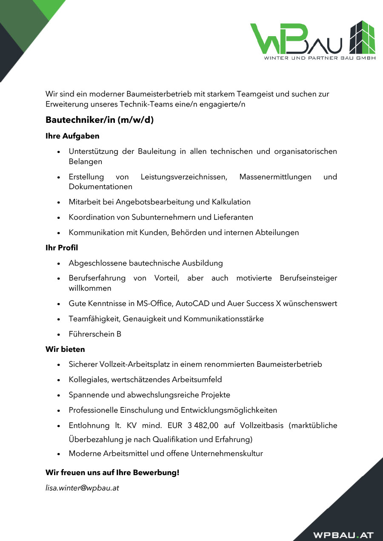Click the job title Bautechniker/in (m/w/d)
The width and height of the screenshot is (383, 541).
(100, 120)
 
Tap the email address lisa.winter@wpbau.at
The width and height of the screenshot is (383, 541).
(82, 488)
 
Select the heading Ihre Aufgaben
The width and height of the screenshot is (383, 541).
(72, 136)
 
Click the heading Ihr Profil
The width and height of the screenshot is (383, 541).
(62, 247)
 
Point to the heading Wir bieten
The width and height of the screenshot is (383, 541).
(65, 349)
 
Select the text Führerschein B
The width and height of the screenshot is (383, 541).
(95, 334)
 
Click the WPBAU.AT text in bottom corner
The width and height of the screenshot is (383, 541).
(343, 535)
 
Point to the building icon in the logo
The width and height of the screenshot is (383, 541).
(362, 37)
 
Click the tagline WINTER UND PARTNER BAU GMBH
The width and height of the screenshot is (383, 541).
(320, 58)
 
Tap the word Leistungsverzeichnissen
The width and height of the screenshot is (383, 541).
(184, 176)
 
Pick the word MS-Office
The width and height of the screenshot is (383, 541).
(151, 303)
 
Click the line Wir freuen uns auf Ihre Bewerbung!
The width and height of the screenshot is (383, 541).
(112, 472)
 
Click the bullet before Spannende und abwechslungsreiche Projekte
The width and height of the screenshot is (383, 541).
(59, 395)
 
